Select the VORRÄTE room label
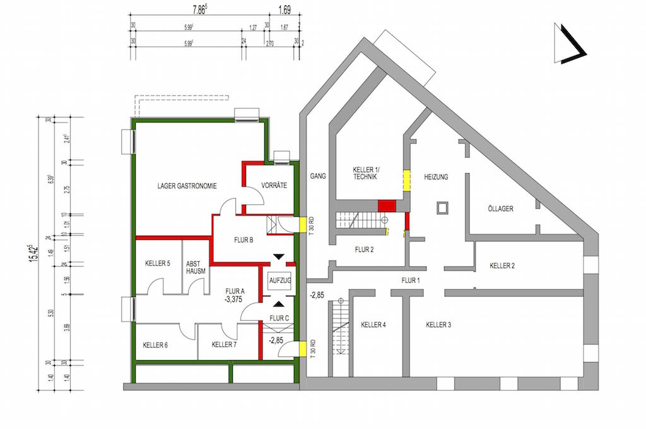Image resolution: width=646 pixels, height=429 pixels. pyautogui.click(x=274, y=186)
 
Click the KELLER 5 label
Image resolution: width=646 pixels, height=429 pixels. pyautogui.click(x=157, y=263)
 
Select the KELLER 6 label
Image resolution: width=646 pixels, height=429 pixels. pyautogui.click(x=155, y=345)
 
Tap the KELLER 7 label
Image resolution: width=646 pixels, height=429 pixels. pyautogui.click(x=224, y=345)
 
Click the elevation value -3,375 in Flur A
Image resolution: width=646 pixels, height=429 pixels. pyautogui.click(x=233, y=300)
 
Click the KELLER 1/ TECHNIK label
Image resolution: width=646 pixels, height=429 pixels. pyautogui.click(x=365, y=174)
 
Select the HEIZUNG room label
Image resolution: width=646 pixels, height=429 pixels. pyautogui.click(x=436, y=178)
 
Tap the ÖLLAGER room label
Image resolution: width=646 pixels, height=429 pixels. pyautogui.click(x=500, y=208)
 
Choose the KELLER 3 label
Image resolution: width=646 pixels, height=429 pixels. pyautogui.click(x=438, y=325)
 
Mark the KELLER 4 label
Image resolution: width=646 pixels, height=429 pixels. pyautogui.click(x=373, y=325)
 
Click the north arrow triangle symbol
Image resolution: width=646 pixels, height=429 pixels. pyautogui.click(x=568, y=44)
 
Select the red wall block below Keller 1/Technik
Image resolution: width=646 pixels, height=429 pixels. pyautogui.click(x=386, y=205)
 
